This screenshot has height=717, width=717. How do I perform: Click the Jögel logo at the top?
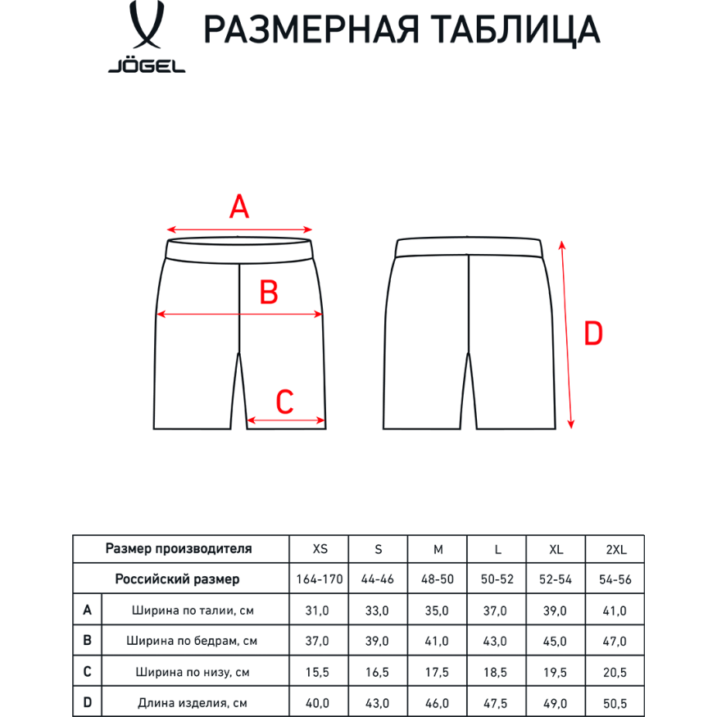coord(146,40)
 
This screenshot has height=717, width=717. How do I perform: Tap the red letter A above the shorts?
coord(238,207)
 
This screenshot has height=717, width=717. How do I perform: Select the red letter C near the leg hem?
coord(284,402)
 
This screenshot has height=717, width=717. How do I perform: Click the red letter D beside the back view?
coord(592,334)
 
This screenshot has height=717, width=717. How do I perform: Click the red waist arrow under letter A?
coord(239,230)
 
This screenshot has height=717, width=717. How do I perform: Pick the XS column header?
coord(319,549)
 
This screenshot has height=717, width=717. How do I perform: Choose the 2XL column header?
coord(614,549)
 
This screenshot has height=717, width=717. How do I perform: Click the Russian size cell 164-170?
coord(319,579)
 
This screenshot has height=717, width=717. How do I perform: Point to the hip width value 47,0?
coord(614,641)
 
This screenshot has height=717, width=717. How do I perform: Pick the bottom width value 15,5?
coord(319,672)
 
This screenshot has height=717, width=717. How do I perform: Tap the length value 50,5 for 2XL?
coord(614,702)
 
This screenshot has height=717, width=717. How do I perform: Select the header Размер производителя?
coord(179,549)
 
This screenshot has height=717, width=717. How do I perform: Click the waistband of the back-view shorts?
coord(469,248)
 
